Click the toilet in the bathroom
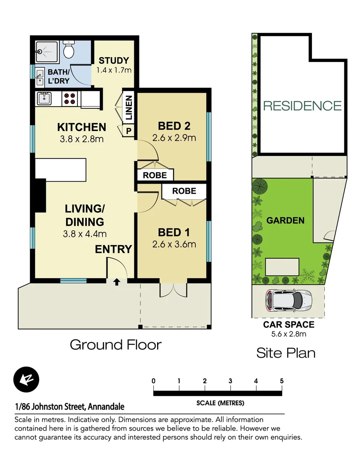[x=68, y=51]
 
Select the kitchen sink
[x=44, y=99]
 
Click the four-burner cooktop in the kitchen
[x=69, y=99]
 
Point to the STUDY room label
[x=114, y=61]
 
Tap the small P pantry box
[x=129, y=131]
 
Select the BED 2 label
[x=174, y=126]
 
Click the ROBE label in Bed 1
[x=184, y=191]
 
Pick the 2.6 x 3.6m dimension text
[x=174, y=244]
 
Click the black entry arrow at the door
[x=117, y=282]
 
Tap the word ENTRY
[x=113, y=249]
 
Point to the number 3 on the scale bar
[x=230, y=381]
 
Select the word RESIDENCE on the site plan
[x=302, y=105]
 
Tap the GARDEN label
[x=285, y=220]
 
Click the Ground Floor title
[x=115, y=345]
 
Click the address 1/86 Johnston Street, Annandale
[x=69, y=407]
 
